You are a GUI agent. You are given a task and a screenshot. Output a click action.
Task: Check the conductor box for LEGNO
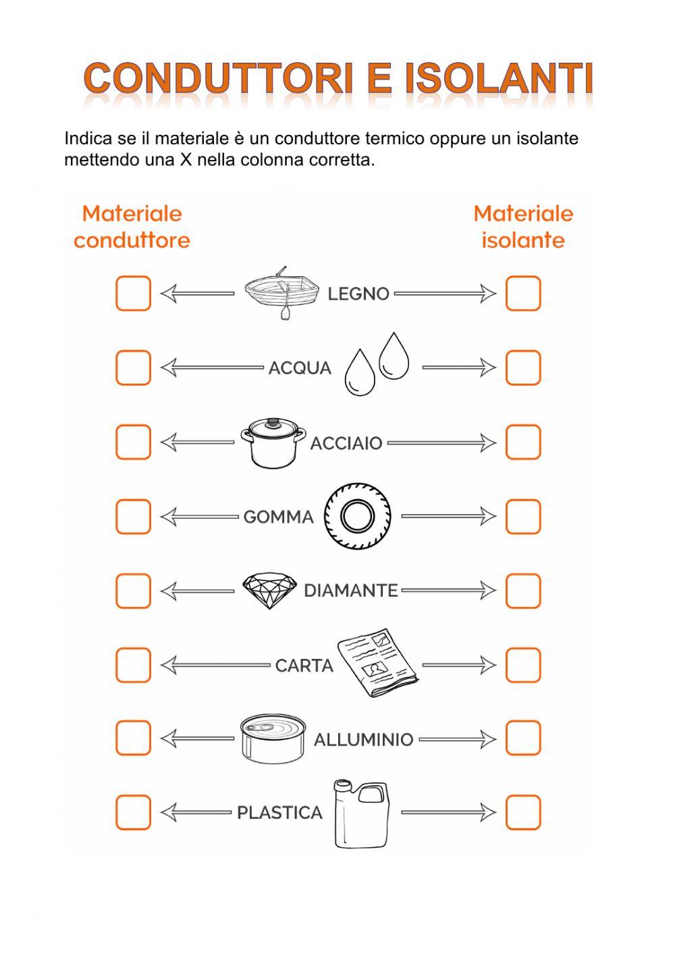point(133,293)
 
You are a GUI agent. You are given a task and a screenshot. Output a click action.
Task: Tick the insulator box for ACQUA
point(523,368)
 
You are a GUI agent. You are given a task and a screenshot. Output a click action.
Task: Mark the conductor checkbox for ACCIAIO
point(133,442)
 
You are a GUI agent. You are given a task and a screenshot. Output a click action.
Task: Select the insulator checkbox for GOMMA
point(523,517)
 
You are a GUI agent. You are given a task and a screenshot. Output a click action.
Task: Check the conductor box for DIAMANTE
point(133,591)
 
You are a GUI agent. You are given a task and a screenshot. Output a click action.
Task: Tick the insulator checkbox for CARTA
point(523,665)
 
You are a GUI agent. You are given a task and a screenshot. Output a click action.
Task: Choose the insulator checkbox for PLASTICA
point(523,812)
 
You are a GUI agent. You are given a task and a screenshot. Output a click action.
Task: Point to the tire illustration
point(357,517)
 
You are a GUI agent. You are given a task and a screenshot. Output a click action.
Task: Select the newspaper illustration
point(379,662)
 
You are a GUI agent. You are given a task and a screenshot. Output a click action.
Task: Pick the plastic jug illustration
point(362,813)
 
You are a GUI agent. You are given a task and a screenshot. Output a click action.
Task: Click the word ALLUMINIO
point(363,740)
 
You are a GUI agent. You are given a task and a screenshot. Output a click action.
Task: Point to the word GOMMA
point(279,517)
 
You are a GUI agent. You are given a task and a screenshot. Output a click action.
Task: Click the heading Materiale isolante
point(523,227)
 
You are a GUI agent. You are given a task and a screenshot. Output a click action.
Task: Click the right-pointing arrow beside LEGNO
point(446,293)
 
